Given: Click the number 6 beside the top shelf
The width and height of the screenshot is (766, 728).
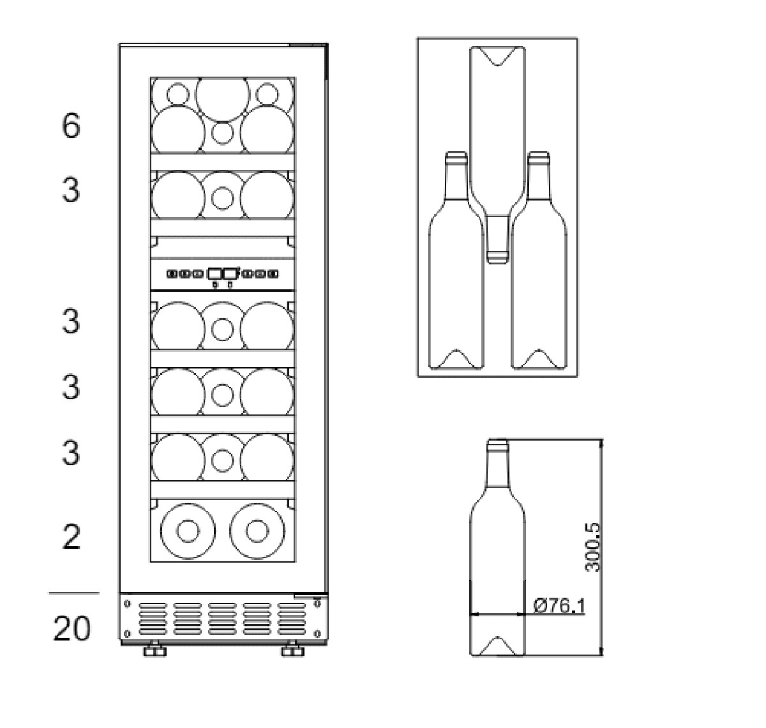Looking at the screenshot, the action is pos(71,125).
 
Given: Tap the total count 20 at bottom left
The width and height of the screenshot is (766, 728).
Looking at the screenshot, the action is pos(71,629).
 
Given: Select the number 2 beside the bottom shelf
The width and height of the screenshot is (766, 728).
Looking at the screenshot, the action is pos(71,537).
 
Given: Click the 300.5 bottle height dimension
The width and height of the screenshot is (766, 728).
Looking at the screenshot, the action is pos(593,547).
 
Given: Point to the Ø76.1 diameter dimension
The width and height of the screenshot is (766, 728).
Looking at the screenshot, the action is pos(559,606).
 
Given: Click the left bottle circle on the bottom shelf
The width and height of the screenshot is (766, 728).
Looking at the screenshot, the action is pos(188,531).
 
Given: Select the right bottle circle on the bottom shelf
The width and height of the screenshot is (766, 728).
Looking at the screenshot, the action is pos(257,531).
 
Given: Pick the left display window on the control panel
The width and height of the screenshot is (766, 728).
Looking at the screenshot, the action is pos(214,274).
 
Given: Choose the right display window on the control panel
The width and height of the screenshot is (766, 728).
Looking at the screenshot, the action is pos(230,274).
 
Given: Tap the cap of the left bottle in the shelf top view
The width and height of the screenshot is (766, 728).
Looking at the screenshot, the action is pos(456,156).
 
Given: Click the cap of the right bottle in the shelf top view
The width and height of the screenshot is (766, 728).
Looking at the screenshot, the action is pos(539,156).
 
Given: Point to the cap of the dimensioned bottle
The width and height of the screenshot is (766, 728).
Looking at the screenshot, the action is pos(497,443).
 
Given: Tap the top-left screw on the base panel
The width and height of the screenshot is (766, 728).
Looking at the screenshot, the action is pos(127,604).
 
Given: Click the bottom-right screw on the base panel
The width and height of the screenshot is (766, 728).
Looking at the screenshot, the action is pos(317,633).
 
